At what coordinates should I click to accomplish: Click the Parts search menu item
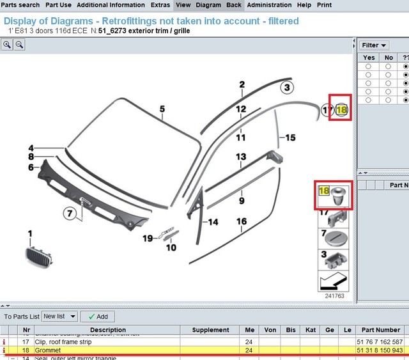[x=20, y=5]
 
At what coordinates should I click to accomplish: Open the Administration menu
[x=269, y=5]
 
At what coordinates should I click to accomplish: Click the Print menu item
[x=324, y=5]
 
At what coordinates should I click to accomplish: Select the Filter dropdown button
[x=374, y=45]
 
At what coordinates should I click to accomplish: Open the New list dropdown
[x=59, y=317]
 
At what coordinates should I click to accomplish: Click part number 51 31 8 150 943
[x=380, y=350]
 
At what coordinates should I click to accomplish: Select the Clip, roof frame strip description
[x=64, y=341]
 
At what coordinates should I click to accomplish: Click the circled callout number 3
[x=288, y=88]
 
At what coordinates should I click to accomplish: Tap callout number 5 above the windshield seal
[x=162, y=109]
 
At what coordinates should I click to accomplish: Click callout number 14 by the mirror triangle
[x=213, y=222]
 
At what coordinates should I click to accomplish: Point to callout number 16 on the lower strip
[x=241, y=222]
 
